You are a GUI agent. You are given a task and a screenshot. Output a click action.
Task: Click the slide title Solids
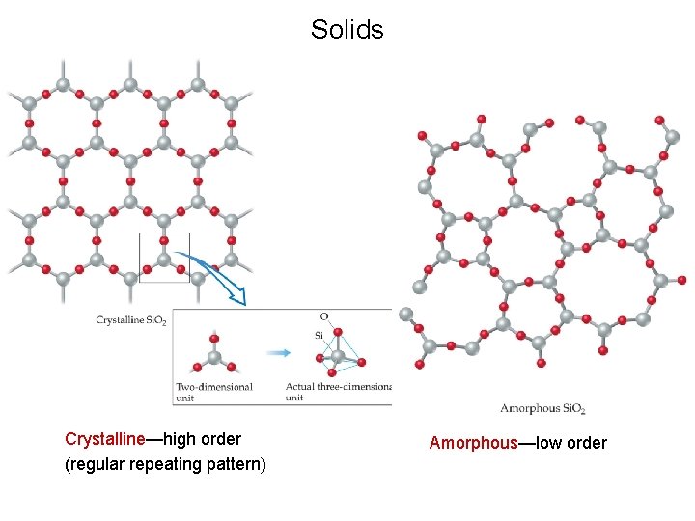coord(347,30)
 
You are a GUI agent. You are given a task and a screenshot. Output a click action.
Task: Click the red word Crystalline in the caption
coord(104,439)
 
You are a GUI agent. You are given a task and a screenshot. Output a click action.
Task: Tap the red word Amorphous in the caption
coord(474,443)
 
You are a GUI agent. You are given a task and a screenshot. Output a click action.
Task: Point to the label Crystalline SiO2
coord(131,320)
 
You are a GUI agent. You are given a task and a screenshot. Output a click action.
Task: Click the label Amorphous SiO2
coord(542,408)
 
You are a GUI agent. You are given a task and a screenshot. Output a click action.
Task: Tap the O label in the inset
coord(323,316)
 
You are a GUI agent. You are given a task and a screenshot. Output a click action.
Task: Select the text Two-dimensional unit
coord(213,391)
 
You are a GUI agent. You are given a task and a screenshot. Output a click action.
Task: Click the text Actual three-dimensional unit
coord(338,391)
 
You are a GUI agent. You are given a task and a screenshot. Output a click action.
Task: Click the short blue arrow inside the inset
coord(277,353)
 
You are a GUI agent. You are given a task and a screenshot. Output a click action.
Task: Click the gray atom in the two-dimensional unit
coord(214,356)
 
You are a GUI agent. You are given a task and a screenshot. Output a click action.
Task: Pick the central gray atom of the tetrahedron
coord(337,356)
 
